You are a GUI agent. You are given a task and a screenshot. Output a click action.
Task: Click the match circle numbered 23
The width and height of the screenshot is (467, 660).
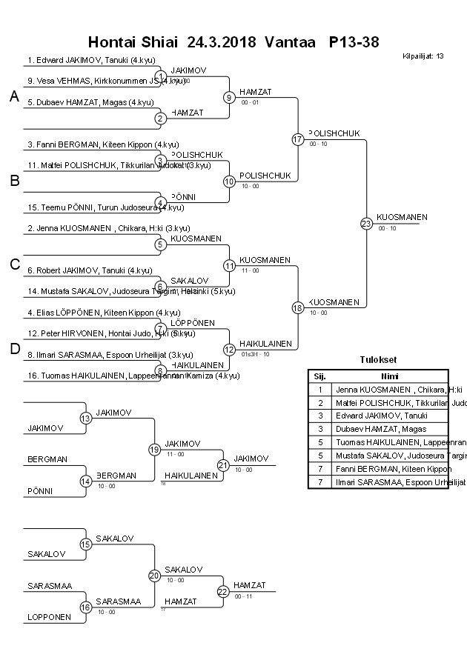point(366,223)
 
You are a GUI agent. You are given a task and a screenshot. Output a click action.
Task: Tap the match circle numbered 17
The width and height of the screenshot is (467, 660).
point(298,139)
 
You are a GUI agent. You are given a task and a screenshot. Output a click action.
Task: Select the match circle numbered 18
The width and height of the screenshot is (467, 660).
point(298,307)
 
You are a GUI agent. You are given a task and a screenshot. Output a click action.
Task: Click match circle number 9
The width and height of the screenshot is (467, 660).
point(229,97)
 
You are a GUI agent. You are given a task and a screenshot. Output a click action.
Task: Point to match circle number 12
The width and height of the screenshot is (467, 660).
point(229,349)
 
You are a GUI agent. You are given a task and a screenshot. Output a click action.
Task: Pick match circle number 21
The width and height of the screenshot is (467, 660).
point(222,464)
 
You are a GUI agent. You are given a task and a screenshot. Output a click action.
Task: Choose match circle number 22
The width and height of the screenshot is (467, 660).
point(222,591)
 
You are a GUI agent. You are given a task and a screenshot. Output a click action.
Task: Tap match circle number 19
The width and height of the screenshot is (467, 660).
point(154,449)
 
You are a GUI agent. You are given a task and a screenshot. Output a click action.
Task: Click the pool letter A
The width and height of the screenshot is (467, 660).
point(14,96)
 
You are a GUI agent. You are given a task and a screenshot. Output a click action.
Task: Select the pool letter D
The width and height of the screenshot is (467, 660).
point(14,350)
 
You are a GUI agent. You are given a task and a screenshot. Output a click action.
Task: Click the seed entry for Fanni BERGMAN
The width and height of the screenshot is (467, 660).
point(90,144)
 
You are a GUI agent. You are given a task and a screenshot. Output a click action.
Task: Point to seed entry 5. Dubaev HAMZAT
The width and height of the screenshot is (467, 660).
point(90,102)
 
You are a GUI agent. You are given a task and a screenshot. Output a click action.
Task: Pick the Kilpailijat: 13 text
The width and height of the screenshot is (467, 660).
point(423,56)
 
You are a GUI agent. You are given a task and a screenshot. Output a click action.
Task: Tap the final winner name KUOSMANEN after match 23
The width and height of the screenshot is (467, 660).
point(402,217)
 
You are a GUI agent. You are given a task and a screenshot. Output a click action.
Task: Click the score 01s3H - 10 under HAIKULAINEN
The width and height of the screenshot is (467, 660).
point(255,354)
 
